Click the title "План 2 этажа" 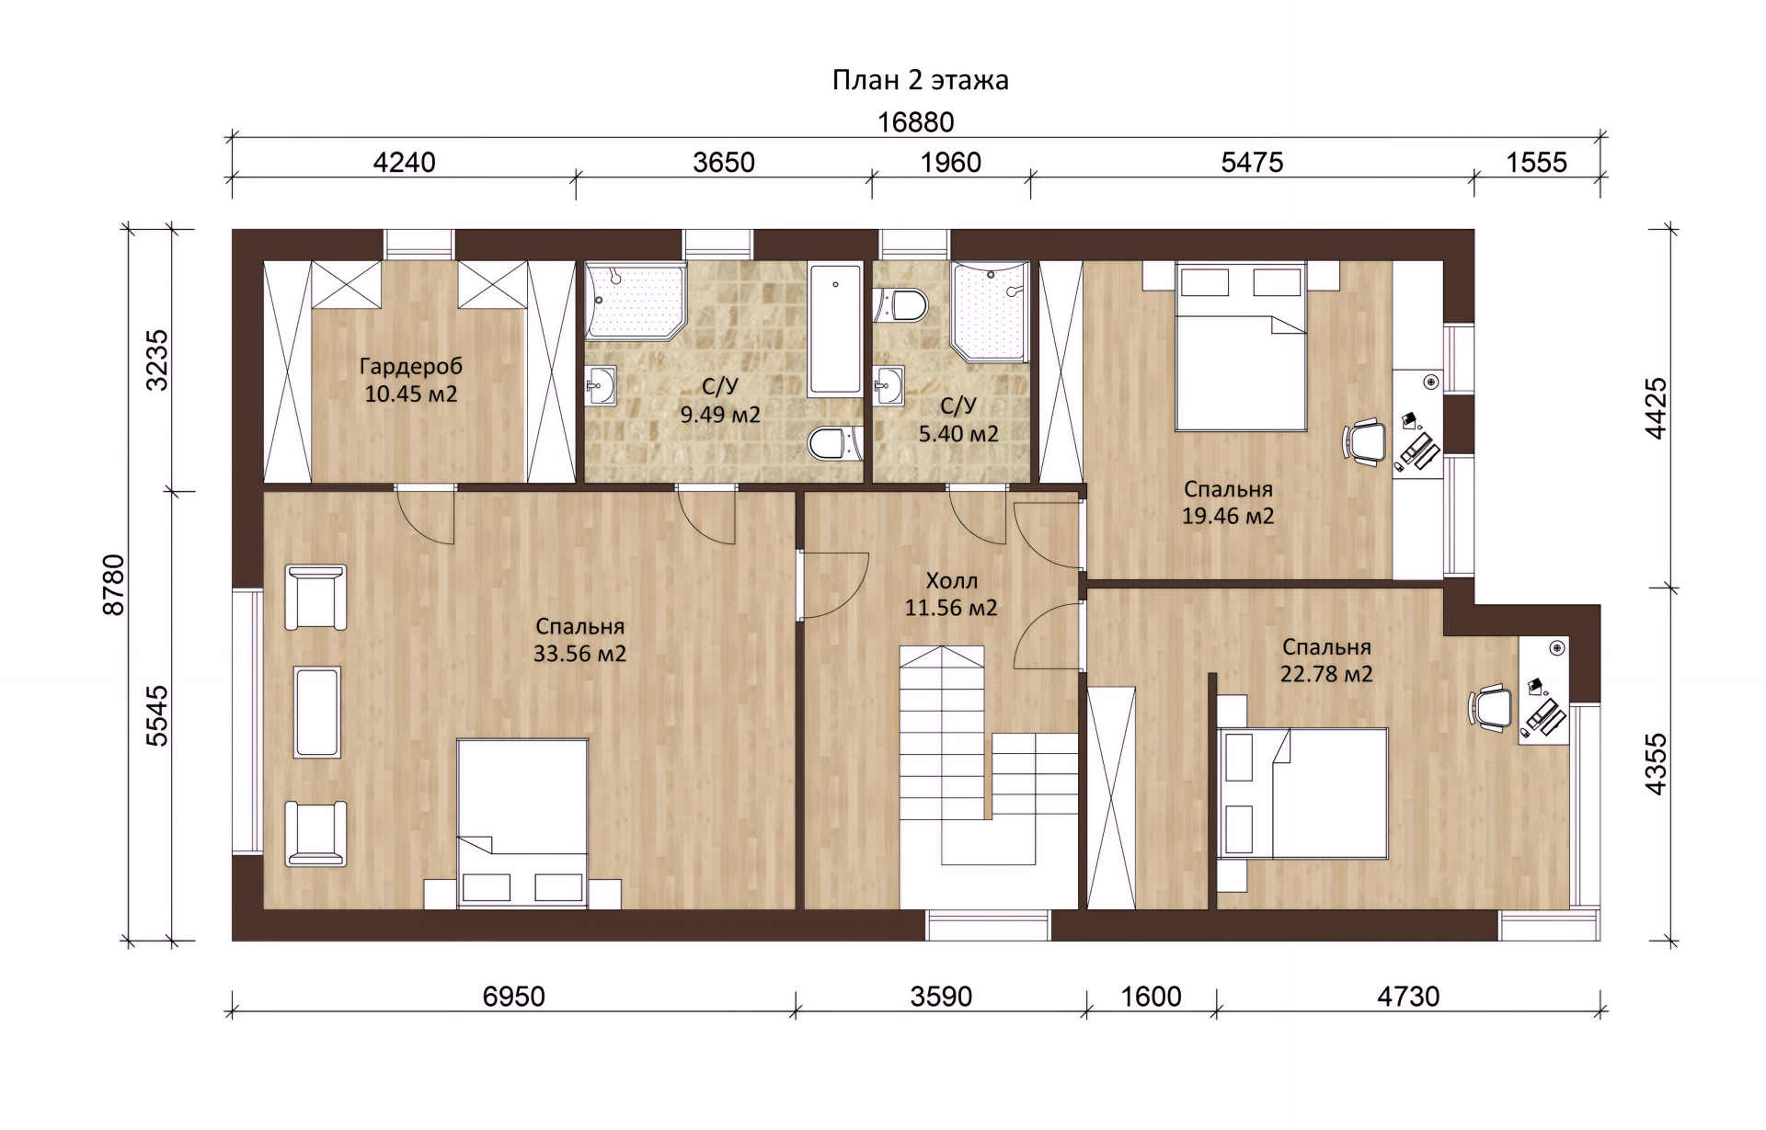click(920, 81)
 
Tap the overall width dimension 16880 click(915, 122)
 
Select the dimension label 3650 click(724, 163)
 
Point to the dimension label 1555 click(1536, 163)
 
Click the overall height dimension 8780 click(113, 585)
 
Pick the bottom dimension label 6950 click(514, 997)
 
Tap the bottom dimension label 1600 click(1152, 997)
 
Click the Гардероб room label click(411, 367)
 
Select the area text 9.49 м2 click(720, 415)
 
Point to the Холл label click(951, 581)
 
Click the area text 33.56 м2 click(579, 654)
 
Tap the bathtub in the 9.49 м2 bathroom click(835, 330)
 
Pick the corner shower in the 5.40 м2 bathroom click(990, 312)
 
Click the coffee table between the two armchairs click(316, 713)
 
